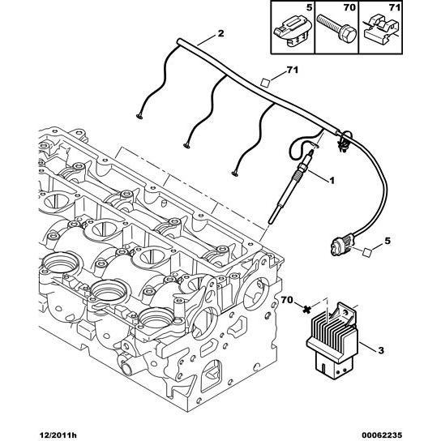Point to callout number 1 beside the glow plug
[332, 178]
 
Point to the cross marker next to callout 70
[308, 309]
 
